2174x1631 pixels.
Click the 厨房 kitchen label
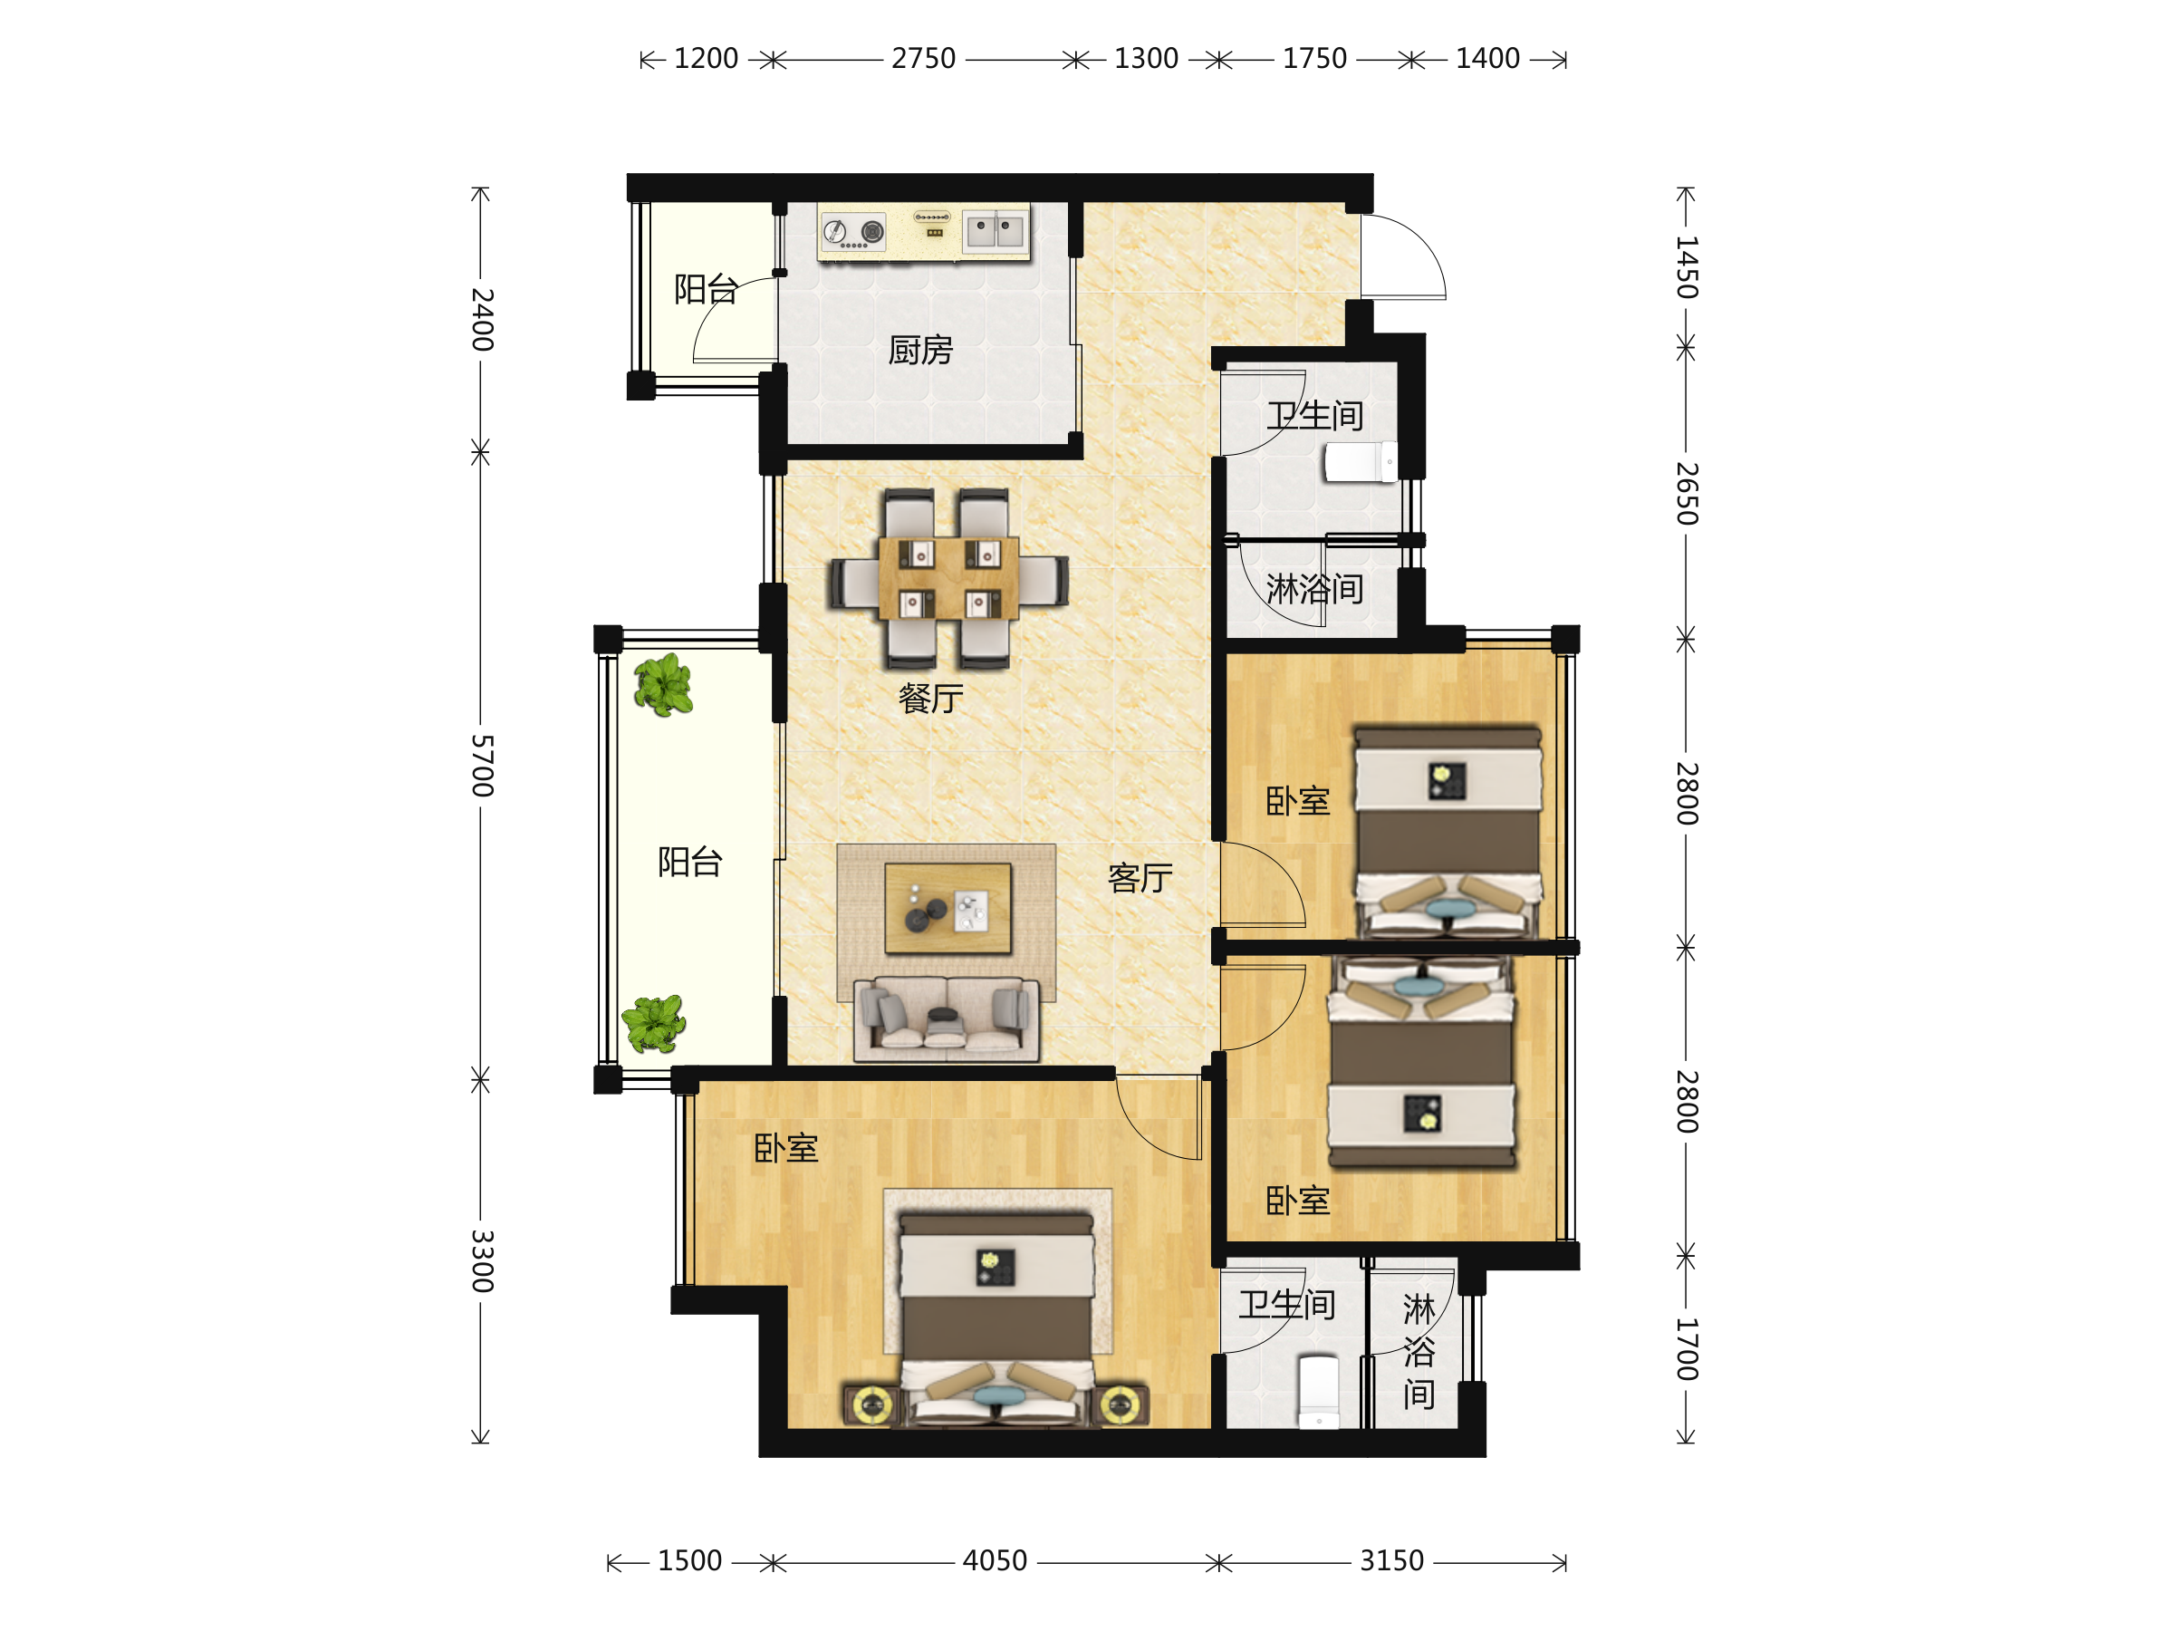[x=920, y=350]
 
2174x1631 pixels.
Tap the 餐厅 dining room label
[x=930, y=699]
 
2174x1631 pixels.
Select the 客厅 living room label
[x=1140, y=878]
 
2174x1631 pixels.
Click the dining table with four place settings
[x=948, y=578]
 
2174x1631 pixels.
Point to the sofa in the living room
[x=947, y=1019]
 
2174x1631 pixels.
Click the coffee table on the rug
[x=948, y=909]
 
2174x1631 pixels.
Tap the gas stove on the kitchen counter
[x=853, y=232]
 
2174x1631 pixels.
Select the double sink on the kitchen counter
[x=995, y=232]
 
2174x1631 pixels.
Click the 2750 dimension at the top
[x=924, y=59]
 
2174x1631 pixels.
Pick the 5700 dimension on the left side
[x=482, y=765]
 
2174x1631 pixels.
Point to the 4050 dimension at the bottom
[x=995, y=1560]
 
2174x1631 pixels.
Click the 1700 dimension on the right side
[x=1687, y=1349]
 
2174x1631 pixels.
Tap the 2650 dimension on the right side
[x=1687, y=494]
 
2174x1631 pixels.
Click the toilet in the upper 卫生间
[x=1361, y=462]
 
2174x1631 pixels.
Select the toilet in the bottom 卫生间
[x=1318, y=1392]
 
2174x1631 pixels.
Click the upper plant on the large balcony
[x=663, y=684]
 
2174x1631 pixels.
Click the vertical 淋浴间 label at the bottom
[x=1419, y=1352]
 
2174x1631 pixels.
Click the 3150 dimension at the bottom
[x=1391, y=1560]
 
